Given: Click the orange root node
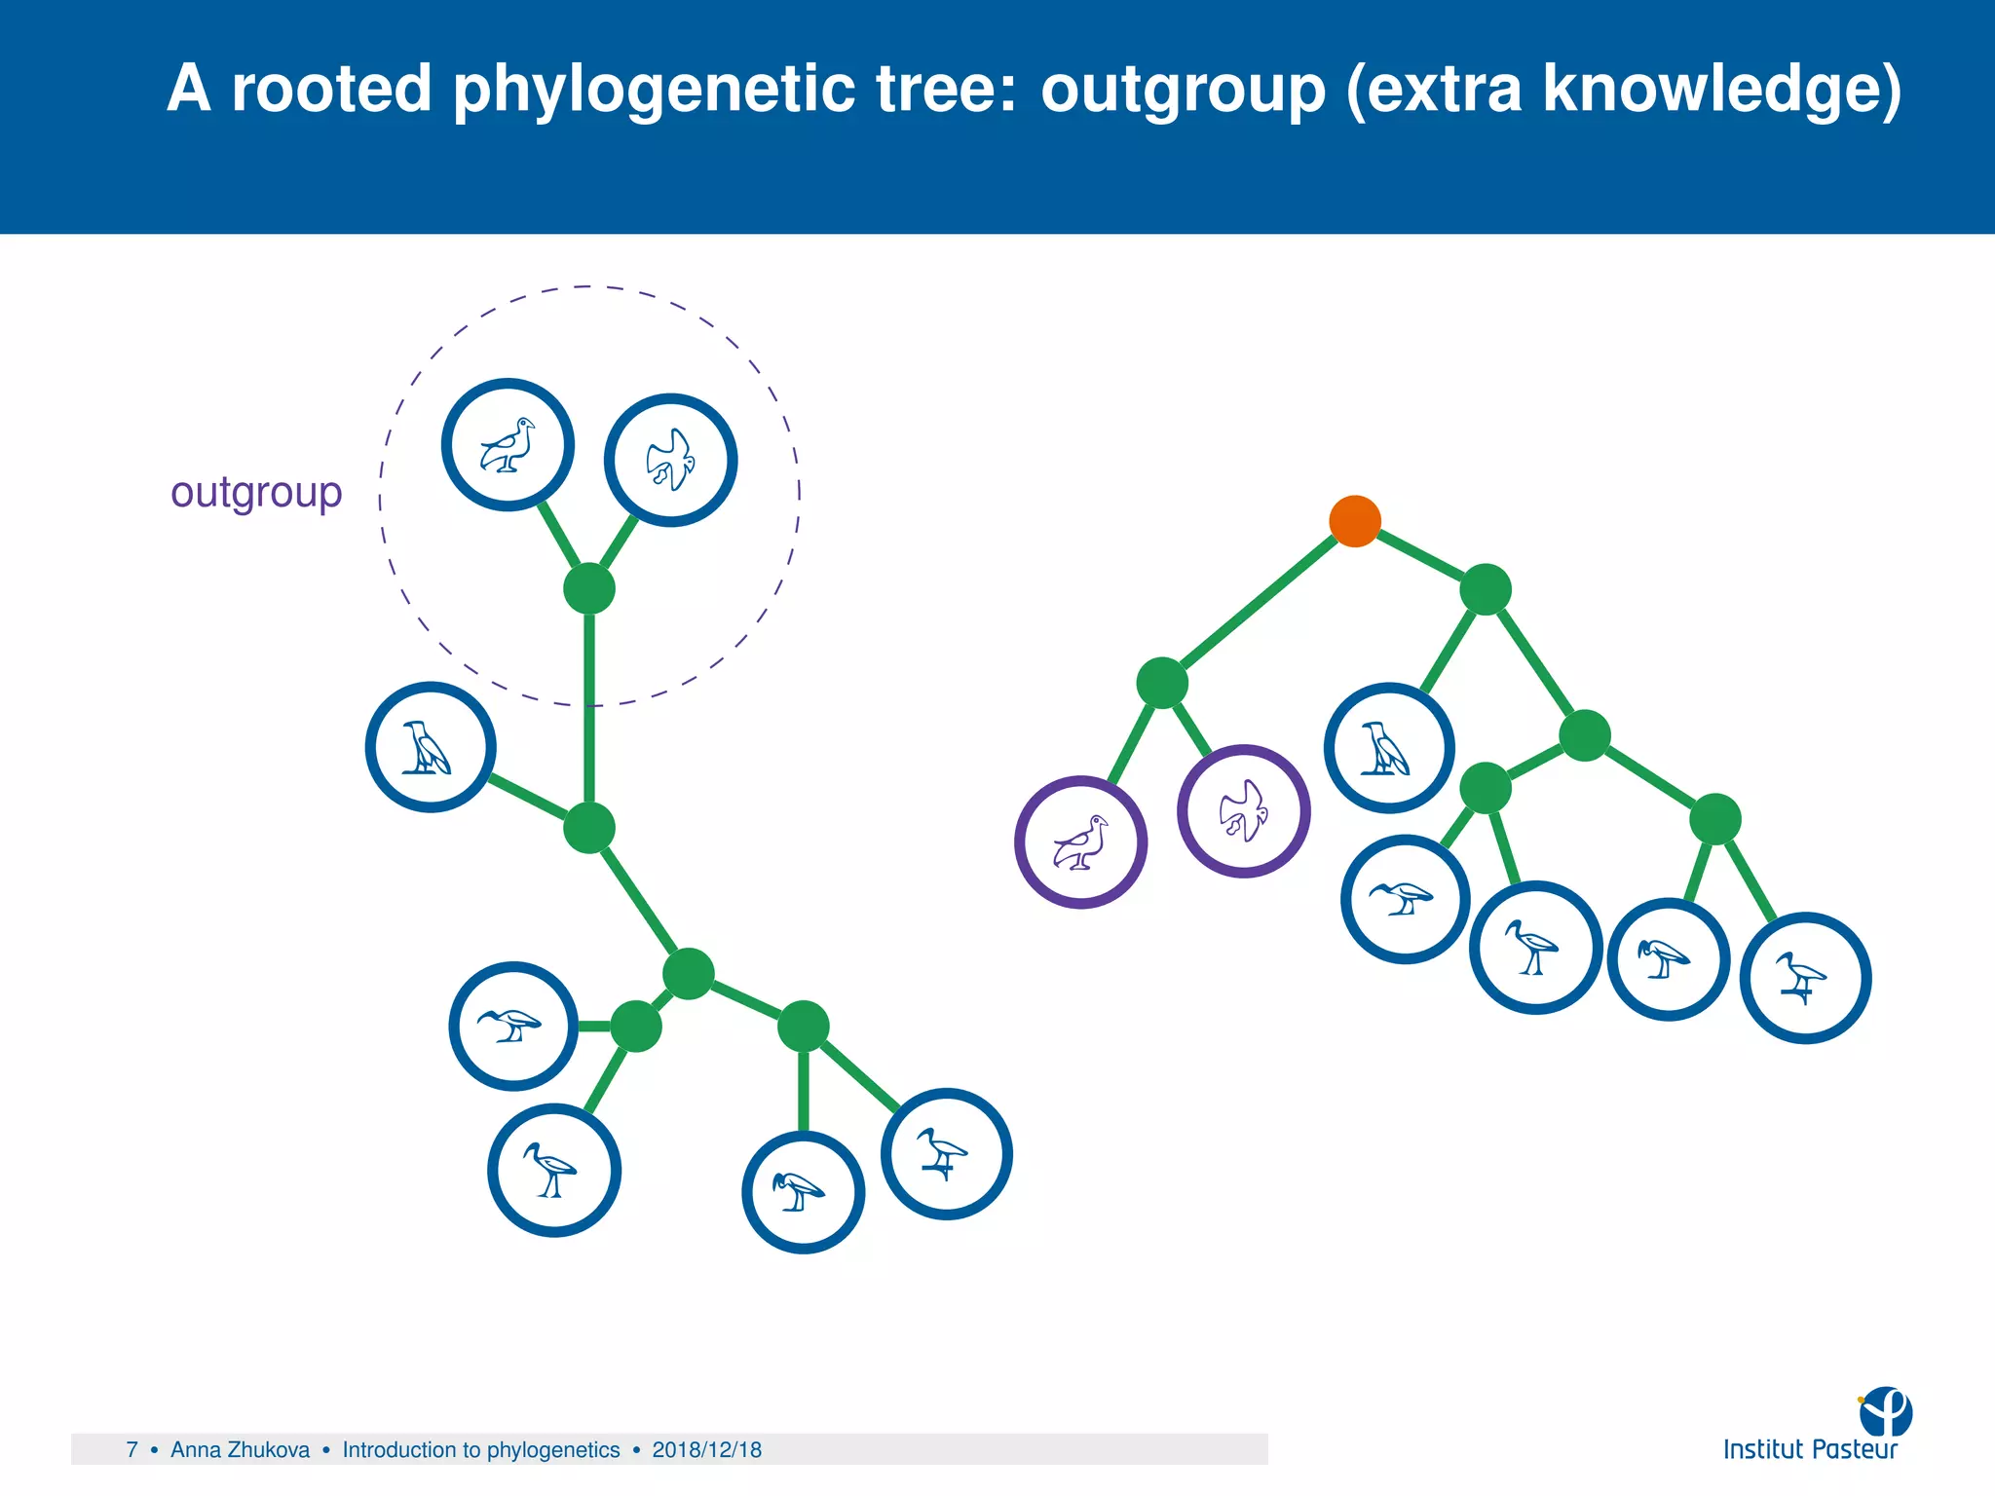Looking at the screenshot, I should [x=1354, y=521].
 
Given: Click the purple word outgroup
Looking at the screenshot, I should [x=256, y=493].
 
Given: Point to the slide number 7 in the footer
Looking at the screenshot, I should [x=132, y=1450].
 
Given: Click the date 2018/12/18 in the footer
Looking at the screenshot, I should [x=706, y=1450].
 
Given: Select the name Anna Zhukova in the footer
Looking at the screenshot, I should [x=240, y=1450].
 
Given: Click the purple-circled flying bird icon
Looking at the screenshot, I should [x=1243, y=811].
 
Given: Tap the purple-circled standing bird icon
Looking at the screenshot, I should [x=1080, y=842].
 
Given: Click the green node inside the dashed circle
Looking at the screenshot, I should [x=589, y=588].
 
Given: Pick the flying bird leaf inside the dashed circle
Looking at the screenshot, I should [x=670, y=460].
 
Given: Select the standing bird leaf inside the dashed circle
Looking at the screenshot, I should [x=508, y=444].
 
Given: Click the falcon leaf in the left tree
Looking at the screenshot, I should [x=430, y=747].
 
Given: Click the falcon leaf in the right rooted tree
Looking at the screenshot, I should [x=1388, y=748].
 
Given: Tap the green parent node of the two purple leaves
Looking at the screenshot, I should [x=1161, y=683].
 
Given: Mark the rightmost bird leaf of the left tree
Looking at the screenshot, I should [x=946, y=1153].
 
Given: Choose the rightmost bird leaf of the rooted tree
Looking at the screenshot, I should [x=1804, y=978].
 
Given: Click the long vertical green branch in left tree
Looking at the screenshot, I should [x=589, y=711].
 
